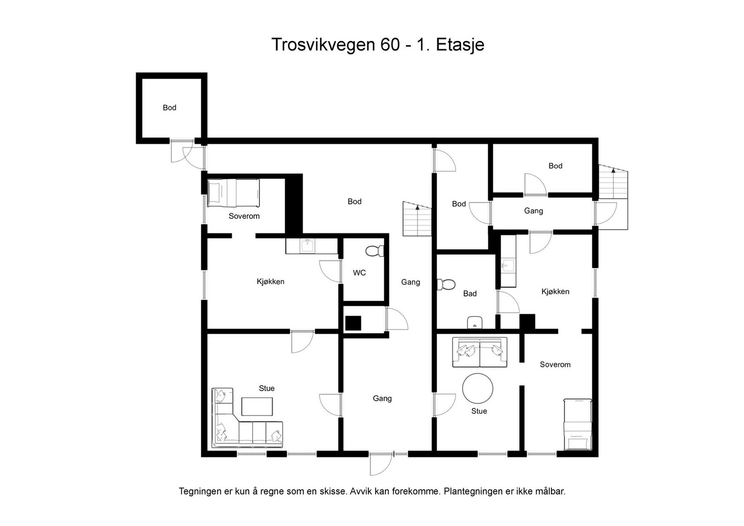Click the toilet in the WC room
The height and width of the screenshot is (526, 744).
click(x=375, y=251)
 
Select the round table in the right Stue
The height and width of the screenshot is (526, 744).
click(x=478, y=389)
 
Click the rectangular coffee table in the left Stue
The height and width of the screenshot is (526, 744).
click(x=257, y=406)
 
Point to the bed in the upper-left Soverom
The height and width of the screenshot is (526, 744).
click(x=233, y=193)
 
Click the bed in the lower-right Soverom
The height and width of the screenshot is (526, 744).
click(x=577, y=424)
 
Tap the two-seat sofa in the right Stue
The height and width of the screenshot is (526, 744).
click(x=479, y=352)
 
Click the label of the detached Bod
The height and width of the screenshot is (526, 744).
click(x=169, y=108)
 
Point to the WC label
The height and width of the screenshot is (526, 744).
click(x=359, y=273)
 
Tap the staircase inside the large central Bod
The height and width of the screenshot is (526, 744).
click(x=417, y=220)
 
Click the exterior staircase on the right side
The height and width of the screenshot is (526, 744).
click(x=613, y=183)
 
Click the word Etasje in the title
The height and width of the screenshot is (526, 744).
click(x=460, y=45)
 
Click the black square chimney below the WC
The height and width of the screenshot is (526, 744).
click(x=353, y=323)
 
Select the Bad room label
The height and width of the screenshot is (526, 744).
click(x=470, y=294)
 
